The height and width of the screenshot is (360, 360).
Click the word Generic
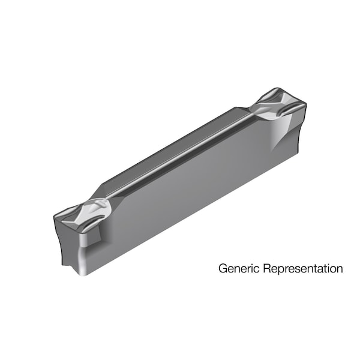[x=236, y=268]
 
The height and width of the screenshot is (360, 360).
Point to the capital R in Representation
[x=262, y=268]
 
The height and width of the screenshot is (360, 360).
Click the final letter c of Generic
[x=253, y=269]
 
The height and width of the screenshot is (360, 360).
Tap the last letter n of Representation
[x=340, y=269]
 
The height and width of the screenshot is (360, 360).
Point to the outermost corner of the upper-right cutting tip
[x=306, y=106]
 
